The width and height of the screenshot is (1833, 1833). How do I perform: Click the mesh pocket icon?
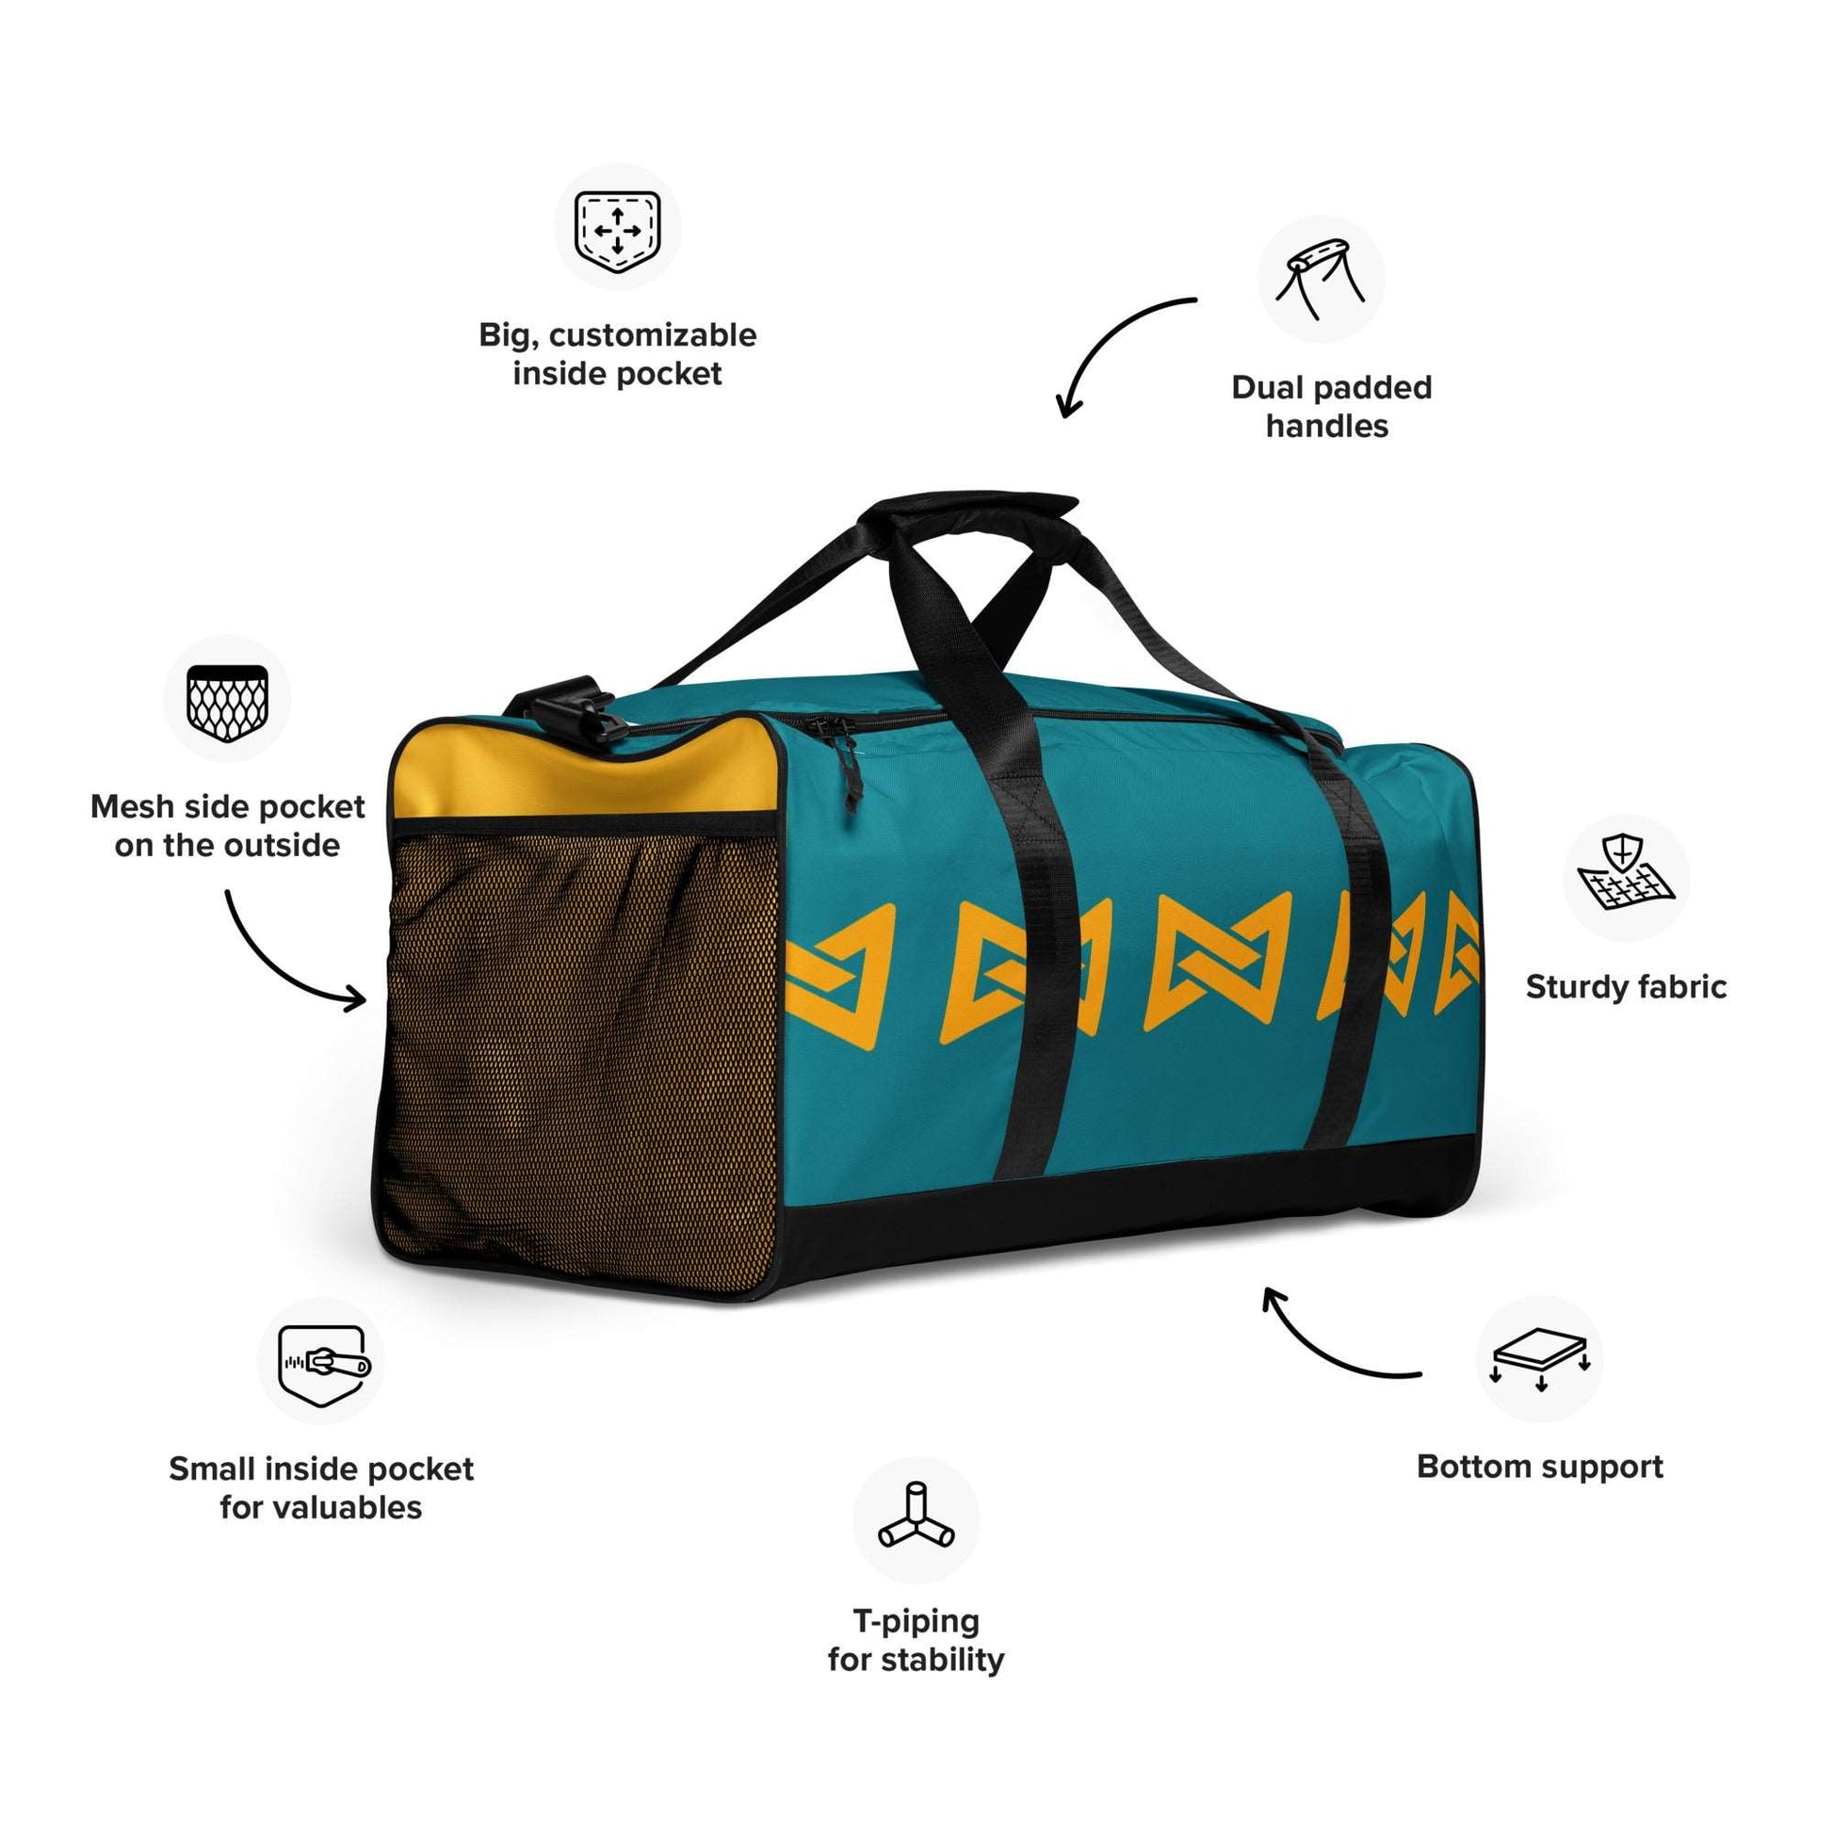click(227, 703)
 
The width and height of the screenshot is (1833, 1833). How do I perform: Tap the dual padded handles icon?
click(1321, 278)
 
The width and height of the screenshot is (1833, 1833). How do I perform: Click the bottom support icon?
click(1540, 1359)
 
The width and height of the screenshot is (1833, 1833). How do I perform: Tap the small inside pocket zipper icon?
click(322, 1364)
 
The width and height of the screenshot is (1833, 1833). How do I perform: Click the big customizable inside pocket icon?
click(618, 231)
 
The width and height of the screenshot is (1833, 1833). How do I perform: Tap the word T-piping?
click(916, 1621)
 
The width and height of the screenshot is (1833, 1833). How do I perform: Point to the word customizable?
click(653, 335)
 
